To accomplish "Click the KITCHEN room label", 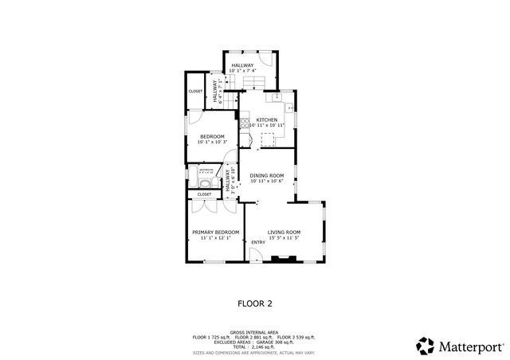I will coord(266,119).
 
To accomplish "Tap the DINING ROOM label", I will coord(266,175).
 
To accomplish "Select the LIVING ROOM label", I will coord(283,232).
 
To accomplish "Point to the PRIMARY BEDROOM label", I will coord(215,232).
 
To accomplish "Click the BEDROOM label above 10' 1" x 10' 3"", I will coord(211,136).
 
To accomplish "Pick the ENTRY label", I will coord(258,242).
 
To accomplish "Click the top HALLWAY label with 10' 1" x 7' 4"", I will coord(242,65).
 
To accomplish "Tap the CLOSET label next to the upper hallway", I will coord(195,92).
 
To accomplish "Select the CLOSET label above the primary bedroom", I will coord(204,194).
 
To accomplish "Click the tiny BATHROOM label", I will coord(206,169).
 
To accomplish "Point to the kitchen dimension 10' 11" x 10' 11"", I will coord(266,126).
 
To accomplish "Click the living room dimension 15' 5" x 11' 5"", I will coord(283,238).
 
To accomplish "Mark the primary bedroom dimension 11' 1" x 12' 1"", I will coord(215,238).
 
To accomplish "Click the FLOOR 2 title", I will coord(255,303).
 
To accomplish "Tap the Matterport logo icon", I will coord(425,345).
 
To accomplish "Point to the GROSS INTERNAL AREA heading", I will coord(254,332).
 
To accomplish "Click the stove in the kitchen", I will coord(244,123).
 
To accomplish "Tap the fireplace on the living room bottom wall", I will coord(282,258).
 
